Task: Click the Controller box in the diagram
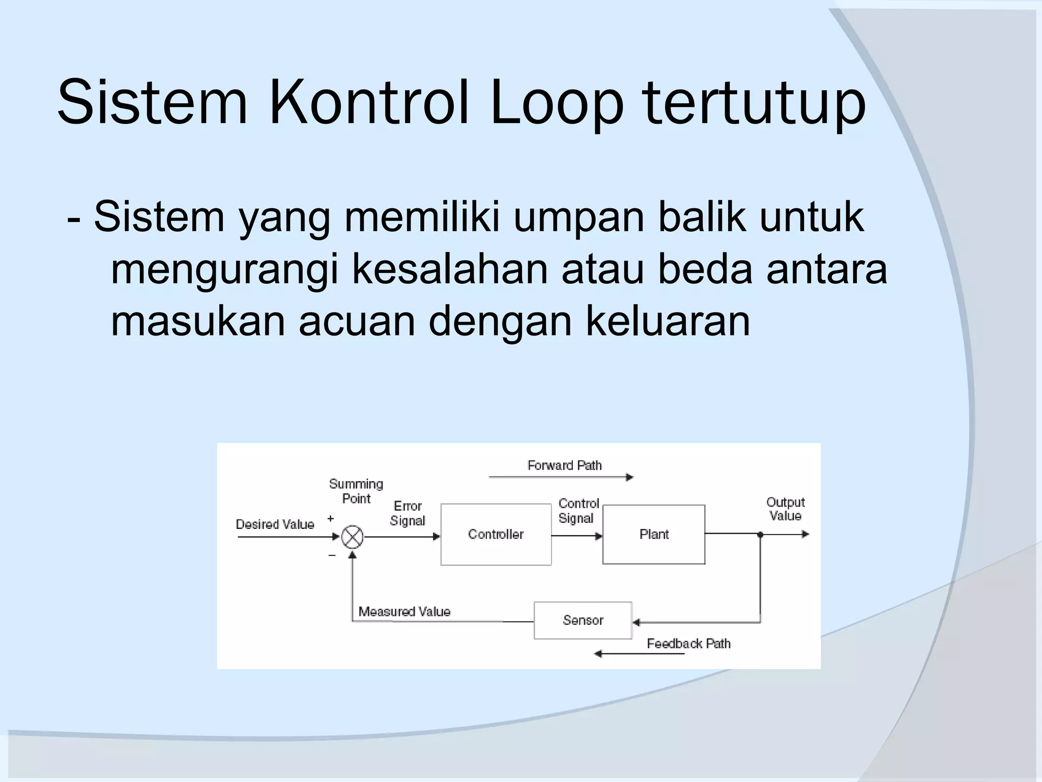(x=496, y=534)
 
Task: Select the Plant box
(x=653, y=534)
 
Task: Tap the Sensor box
(x=583, y=620)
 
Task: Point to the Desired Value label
(x=275, y=524)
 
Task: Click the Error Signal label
(x=408, y=513)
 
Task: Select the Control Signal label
(x=578, y=511)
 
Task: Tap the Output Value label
(x=785, y=509)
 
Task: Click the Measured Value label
(x=404, y=611)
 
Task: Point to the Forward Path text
(x=564, y=465)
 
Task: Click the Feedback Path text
(x=688, y=644)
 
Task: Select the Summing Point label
(x=356, y=491)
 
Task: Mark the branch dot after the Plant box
(x=760, y=535)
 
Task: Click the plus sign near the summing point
(x=331, y=518)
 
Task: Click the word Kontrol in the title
(x=369, y=102)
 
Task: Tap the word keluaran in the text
(x=668, y=321)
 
